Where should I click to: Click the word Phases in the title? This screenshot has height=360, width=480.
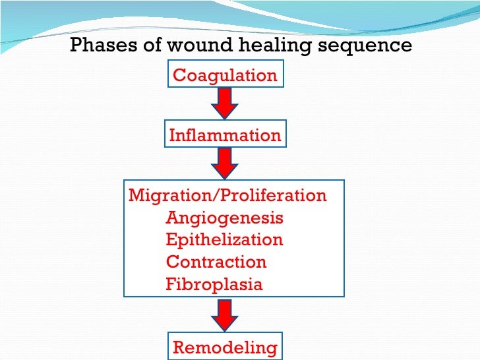point(103,45)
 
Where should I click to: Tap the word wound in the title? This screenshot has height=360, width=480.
point(200,45)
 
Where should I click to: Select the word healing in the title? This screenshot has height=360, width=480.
point(274,45)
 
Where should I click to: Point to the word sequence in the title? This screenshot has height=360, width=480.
point(365,47)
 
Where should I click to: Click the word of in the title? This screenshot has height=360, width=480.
point(152,44)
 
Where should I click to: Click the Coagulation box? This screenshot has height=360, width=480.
point(225,74)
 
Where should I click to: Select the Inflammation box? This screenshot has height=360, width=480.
point(225,133)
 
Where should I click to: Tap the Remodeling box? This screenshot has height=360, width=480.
point(225,346)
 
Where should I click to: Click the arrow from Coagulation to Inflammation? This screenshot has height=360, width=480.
point(225,104)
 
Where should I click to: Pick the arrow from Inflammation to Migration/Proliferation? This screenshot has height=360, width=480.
point(225,164)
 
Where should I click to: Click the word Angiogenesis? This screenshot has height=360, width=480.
point(224,219)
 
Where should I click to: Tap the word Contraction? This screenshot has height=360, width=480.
point(216,262)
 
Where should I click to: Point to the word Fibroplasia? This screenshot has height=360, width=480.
point(214,284)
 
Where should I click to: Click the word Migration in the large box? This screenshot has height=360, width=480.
point(170,196)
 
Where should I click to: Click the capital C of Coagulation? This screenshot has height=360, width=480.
point(179,75)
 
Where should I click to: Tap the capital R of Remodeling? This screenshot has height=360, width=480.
point(180,347)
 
